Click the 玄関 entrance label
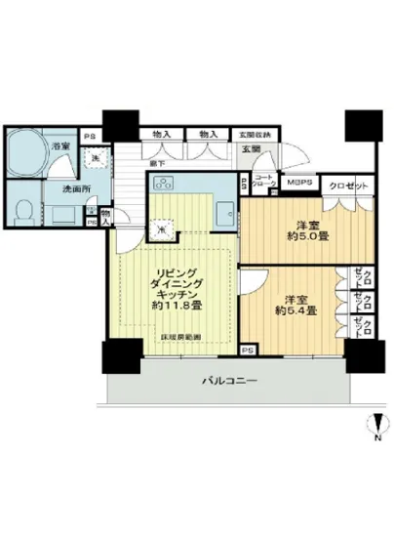tap(250, 148)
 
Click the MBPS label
tap(298, 182)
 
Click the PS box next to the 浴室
tap(90, 136)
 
